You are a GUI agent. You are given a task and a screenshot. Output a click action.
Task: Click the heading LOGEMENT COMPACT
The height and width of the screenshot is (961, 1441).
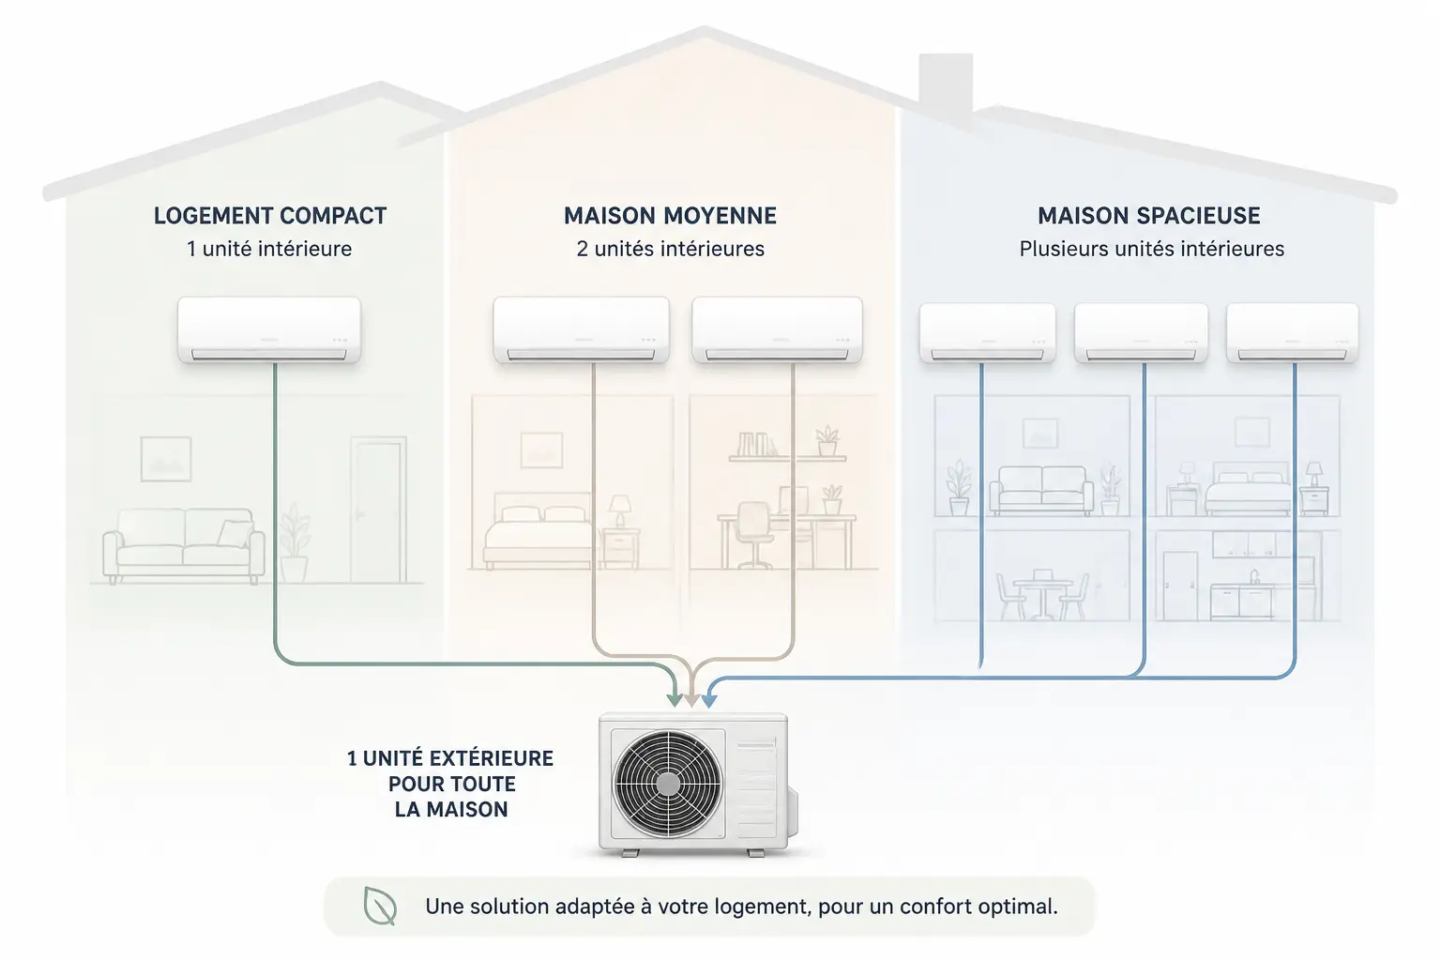[270, 216]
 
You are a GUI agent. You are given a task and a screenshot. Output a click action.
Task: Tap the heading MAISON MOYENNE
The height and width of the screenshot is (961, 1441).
[671, 216]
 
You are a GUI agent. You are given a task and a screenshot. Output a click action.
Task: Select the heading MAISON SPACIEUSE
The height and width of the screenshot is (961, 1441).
[1149, 216]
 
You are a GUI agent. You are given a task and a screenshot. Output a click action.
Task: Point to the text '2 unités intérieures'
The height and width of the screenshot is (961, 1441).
[671, 249]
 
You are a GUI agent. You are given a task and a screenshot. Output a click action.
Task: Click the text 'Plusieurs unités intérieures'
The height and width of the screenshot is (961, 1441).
[1151, 249]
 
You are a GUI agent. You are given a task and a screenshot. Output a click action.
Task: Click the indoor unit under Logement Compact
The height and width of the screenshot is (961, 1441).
[269, 329]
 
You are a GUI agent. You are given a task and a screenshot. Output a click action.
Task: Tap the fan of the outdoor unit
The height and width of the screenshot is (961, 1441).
[668, 784]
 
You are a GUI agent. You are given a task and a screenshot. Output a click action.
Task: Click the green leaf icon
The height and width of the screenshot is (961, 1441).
[380, 907]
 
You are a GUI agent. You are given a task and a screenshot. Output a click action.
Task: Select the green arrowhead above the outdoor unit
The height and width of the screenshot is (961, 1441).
[675, 700]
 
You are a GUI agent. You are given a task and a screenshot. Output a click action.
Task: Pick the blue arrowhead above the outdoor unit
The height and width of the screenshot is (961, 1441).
[708, 700]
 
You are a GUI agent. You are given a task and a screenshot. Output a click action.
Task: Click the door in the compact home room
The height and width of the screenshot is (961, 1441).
[378, 510]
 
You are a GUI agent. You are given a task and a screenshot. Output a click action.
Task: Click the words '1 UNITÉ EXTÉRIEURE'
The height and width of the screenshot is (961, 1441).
[450, 759]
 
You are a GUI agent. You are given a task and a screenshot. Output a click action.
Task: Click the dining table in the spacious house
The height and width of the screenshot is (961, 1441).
[1043, 593]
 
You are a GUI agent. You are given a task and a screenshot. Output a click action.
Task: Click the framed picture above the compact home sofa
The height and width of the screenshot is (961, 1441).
[166, 459]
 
